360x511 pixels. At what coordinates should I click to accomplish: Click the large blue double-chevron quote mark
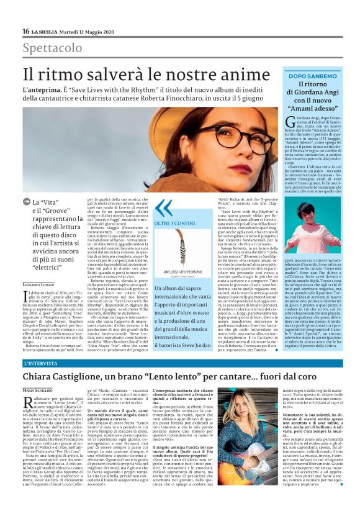tap(164, 207)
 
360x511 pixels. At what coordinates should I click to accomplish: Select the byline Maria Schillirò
tap(38, 389)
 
